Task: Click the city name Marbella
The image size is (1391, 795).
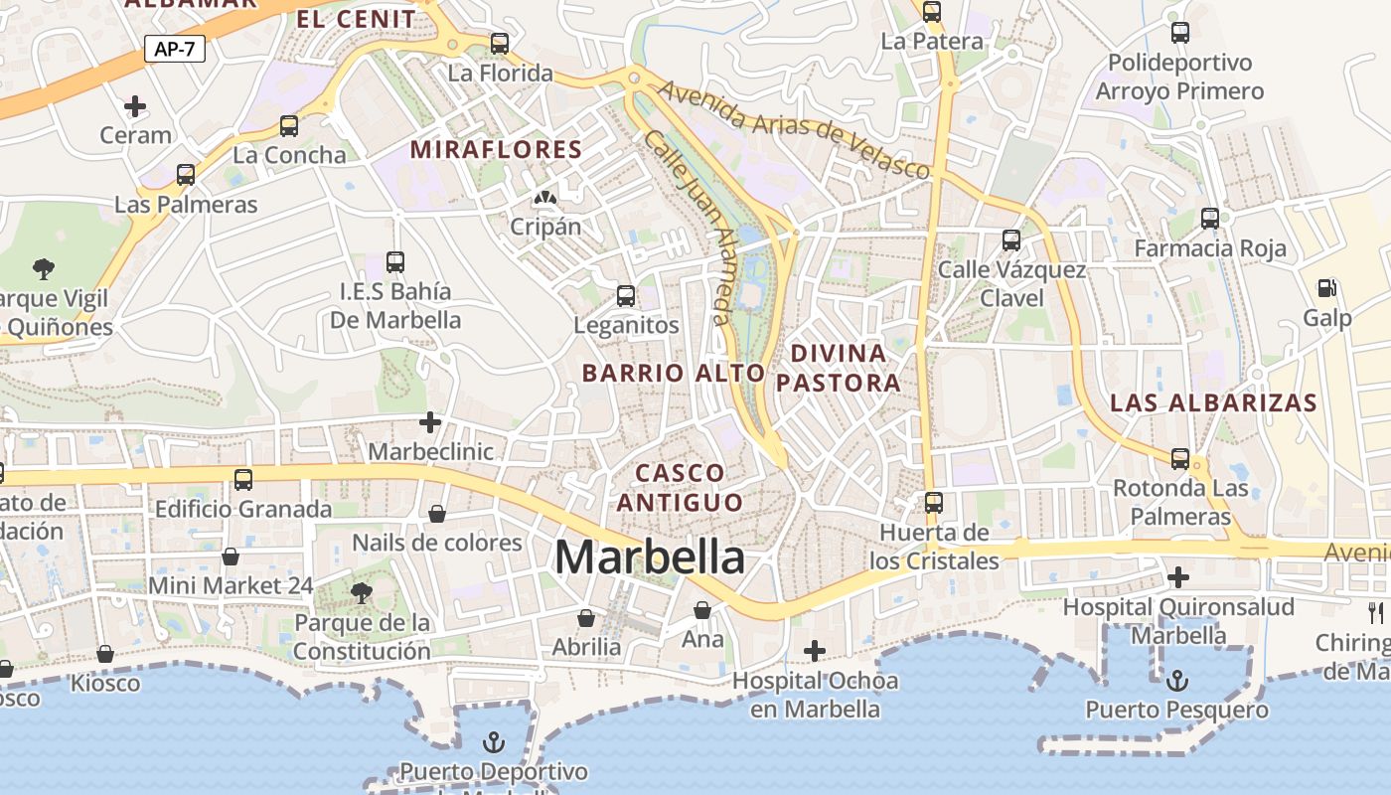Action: click(x=650, y=556)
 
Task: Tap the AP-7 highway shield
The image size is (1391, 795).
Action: click(x=175, y=49)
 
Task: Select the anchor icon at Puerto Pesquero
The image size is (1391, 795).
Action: click(x=1176, y=681)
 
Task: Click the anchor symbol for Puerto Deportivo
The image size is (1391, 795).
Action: click(x=493, y=742)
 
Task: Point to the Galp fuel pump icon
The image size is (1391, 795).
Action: click(x=1326, y=288)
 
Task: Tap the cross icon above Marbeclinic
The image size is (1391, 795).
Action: click(x=429, y=422)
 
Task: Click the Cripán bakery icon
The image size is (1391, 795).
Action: click(x=544, y=198)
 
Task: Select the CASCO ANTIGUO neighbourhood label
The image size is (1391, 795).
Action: click(x=681, y=487)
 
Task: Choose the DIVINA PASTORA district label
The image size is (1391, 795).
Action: click(x=838, y=368)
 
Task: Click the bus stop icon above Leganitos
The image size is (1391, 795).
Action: click(x=626, y=295)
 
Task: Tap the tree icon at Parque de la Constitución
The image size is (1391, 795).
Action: click(x=362, y=593)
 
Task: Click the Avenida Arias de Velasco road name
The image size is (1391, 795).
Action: click(x=795, y=129)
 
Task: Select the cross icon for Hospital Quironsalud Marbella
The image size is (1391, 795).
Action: click(x=1178, y=576)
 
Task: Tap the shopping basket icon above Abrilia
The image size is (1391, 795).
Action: click(x=586, y=618)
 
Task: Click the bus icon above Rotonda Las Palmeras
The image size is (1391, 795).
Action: click(x=1180, y=458)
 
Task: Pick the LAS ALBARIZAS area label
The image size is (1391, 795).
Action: click(x=1213, y=402)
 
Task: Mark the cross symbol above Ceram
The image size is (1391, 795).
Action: click(x=135, y=105)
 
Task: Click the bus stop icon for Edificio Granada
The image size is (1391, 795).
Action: click(x=243, y=480)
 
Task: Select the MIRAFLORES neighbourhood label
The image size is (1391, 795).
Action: click(x=496, y=149)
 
